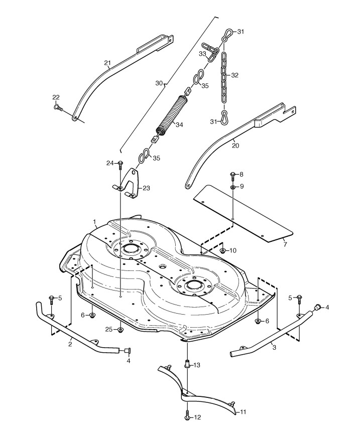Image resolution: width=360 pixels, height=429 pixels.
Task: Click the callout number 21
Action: (x=107, y=63)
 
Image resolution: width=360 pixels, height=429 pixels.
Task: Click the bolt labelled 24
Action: (x=121, y=164)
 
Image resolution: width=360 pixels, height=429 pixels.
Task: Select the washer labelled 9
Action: (x=232, y=187)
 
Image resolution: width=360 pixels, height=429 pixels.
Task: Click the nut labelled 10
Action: (x=222, y=250)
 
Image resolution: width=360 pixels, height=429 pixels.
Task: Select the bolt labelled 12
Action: (x=187, y=416)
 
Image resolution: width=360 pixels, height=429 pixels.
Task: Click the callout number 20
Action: (x=235, y=146)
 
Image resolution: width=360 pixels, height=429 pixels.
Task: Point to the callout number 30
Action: (x=159, y=83)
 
